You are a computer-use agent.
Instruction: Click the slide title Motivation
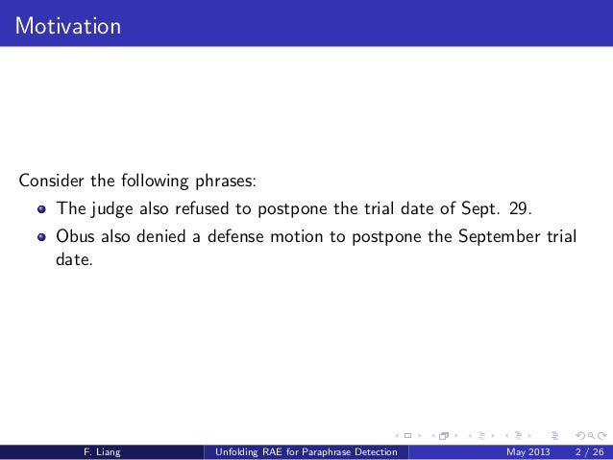pos(67,25)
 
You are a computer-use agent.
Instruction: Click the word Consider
pos(51,181)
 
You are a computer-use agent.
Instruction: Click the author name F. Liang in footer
pos(101,452)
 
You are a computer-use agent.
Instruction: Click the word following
pos(140,182)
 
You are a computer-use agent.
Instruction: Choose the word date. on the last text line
pos(75,259)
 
